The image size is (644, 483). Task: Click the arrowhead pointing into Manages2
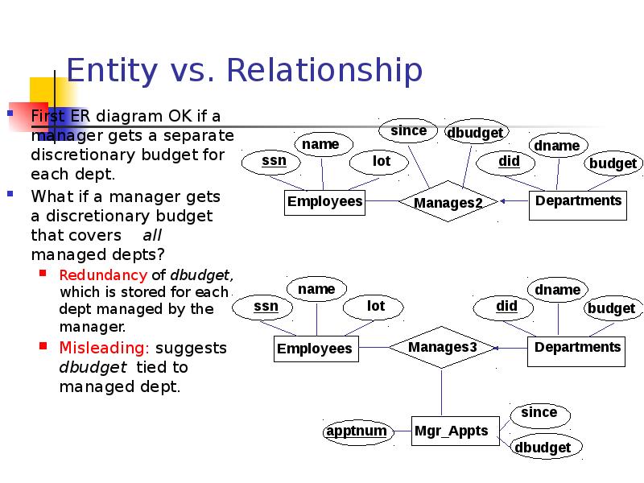[502, 201]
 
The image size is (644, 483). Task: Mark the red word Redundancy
[103, 275]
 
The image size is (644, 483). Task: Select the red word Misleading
[105, 348]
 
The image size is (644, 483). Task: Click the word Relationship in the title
[324, 70]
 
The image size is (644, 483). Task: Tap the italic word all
[152, 235]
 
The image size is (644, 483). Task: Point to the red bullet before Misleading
[43, 346]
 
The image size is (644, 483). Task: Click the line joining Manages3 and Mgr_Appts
[441, 392]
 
